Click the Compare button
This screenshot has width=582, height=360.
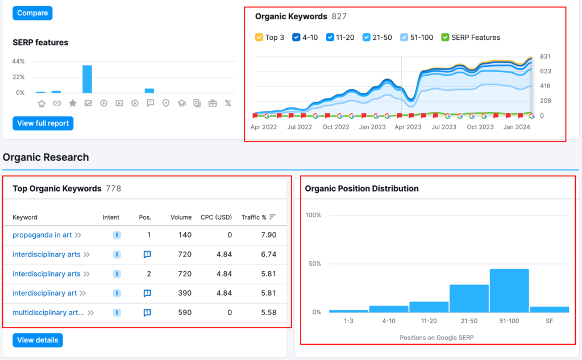[x=32, y=13]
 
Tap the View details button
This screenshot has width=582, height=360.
[x=38, y=340]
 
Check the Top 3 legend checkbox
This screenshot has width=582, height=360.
[x=259, y=37]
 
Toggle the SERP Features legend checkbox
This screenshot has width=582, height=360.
[x=445, y=37]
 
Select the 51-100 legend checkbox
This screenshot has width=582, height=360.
[x=404, y=37]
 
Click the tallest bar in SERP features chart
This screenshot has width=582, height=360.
[x=87, y=79]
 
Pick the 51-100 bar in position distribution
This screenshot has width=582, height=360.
[x=509, y=291]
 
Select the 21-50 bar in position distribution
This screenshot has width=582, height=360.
[x=469, y=299]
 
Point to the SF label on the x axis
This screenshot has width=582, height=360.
[x=550, y=321]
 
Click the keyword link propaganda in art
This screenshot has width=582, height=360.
[x=42, y=235]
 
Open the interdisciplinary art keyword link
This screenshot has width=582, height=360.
[x=44, y=293]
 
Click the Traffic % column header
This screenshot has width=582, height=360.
[x=254, y=217]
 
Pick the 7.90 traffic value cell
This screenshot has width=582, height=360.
[x=269, y=235]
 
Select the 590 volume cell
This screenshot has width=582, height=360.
[x=185, y=312]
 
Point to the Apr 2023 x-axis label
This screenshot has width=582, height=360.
[x=408, y=127]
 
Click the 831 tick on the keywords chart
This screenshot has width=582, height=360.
[x=545, y=56]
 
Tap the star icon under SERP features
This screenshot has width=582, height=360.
[x=73, y=103]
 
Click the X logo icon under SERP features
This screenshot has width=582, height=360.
[x=228, y=103]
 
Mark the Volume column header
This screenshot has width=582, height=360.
[x=181, y=217]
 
